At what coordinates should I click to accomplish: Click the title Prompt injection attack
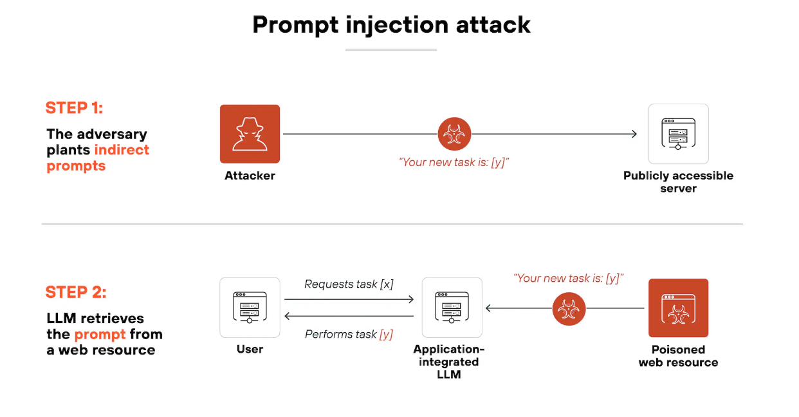(391, 24)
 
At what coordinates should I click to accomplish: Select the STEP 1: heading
(74, 107)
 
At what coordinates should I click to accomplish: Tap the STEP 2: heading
(75, 292)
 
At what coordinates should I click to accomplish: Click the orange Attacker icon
(250, 134)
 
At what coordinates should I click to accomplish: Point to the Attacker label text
(250, 176)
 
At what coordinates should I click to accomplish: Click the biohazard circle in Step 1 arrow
(454, 134)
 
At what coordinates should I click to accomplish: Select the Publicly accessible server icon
(678, 134)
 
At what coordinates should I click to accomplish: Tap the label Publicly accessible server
(678, 182)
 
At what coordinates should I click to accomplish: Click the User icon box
(250, 308)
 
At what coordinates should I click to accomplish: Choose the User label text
(250, 349)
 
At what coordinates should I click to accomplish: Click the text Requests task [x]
(349, 284)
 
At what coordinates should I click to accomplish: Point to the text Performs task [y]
(349, 334)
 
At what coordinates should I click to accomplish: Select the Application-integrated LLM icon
(452, 308)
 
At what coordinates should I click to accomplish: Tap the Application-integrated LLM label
(449, 362)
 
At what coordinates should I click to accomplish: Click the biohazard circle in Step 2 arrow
(569, 308)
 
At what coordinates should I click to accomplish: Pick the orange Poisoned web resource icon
(678, 308)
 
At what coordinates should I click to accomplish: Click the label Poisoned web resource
(678, 356)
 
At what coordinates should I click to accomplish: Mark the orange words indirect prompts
(96, 158)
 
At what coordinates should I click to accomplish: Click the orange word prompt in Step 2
(100, 334)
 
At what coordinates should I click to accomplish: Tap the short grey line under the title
(391, 50)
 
